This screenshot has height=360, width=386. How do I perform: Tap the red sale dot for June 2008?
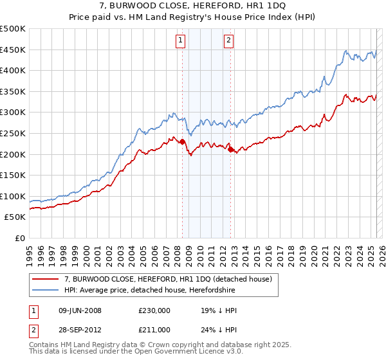(x=182, y=141)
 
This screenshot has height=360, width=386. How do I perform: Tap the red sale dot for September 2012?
(x=230, y=149)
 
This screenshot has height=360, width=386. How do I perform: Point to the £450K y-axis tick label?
(x=14, y=50)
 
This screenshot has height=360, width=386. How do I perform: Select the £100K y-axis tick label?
(x=14, y=196)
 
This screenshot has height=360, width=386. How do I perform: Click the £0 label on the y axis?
(x=20, y=238)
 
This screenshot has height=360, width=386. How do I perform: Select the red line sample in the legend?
(x=45, y=279)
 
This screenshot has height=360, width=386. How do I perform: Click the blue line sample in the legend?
(x=45, y=290)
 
